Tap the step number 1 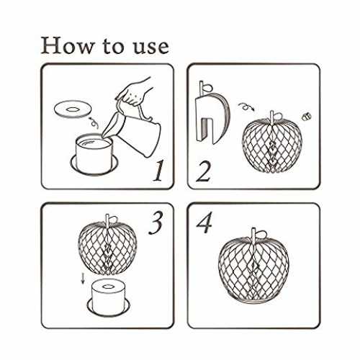click(158, 171)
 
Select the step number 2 click(204, 171)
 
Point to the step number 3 click(156, 222)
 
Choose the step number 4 click(204, 222)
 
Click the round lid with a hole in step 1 click(73, 109)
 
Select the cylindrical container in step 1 click(94, 154)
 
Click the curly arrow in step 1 click(94, 123)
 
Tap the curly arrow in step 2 click(246, 107)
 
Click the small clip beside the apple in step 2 click(307, 117)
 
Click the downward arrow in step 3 click(83, 279)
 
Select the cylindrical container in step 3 click(108, 297)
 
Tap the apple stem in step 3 click(108, 220)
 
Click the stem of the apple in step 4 click(253, 235)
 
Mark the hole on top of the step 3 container click(109, 287)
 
